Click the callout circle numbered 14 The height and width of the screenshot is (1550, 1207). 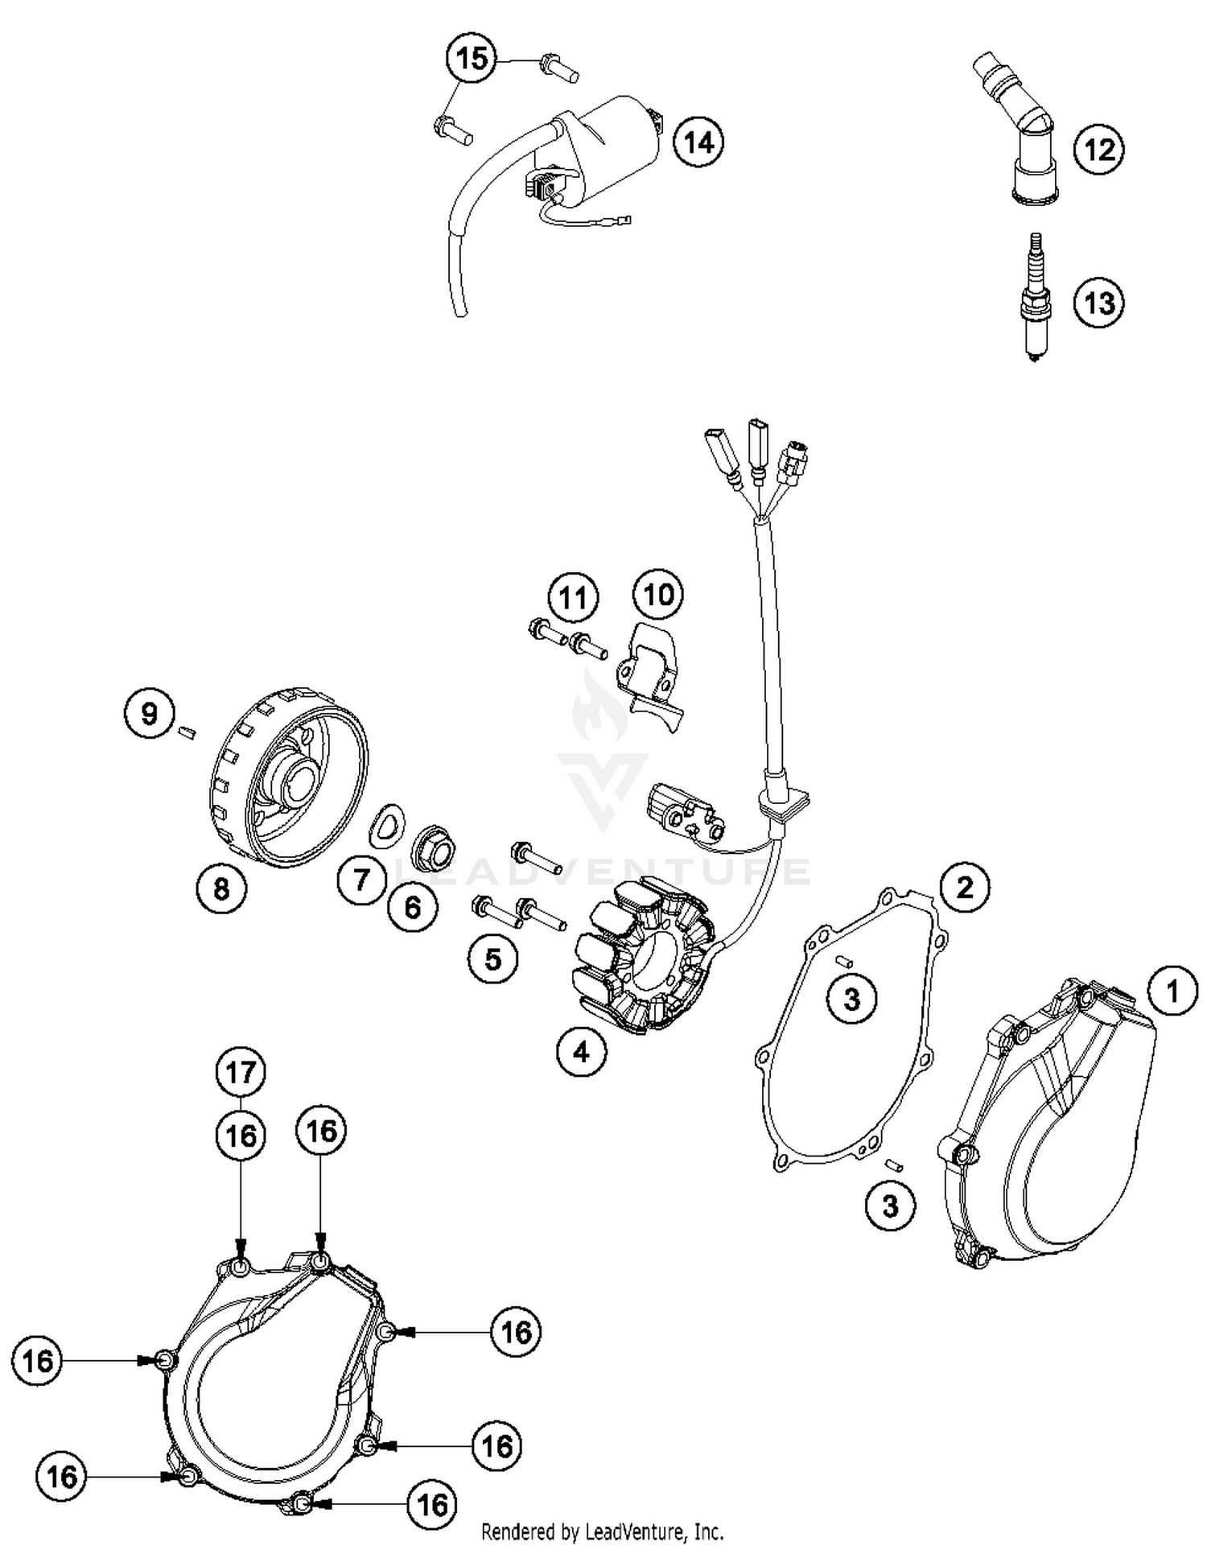tap(698, 142)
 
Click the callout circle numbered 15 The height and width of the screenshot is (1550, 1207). tap(472, 59)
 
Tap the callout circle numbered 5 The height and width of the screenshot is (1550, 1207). tap(493, 958)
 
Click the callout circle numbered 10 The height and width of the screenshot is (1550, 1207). tap(658, 595)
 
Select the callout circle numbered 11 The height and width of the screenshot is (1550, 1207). tap(573, 598)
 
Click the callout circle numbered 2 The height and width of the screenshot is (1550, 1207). tap(964, 887)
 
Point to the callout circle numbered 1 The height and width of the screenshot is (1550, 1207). tap(1172, 991)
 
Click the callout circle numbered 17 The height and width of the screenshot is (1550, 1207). tap(241, 1072)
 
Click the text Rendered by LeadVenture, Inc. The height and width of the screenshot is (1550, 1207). tap(602, 1531)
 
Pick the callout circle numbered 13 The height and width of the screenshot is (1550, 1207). tap(1099, 303)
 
